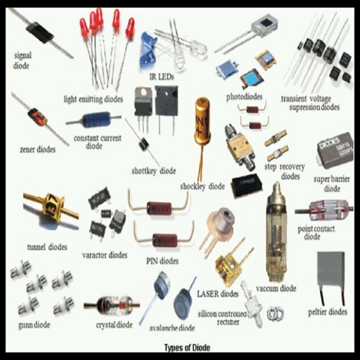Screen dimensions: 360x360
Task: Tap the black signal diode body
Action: [x=40, y=33]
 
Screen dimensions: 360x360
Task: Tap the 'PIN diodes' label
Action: [x=162, y=261]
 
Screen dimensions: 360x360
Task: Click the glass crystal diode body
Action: [x=111, y=304]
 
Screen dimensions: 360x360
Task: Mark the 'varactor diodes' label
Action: [x=104, y=255]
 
